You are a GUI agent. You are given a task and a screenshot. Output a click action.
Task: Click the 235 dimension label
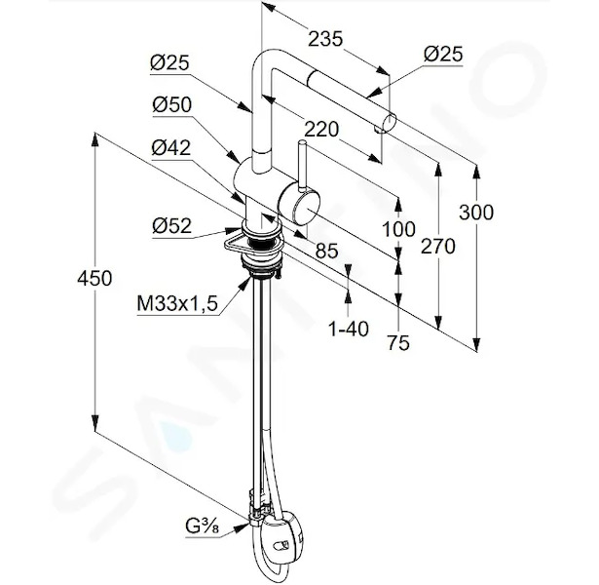pos(325,39)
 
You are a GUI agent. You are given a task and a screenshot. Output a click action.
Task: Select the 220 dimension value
pos(320,130)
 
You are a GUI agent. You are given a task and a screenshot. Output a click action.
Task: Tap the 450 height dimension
pos(94,278)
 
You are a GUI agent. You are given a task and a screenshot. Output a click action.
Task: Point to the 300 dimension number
pos(476,213)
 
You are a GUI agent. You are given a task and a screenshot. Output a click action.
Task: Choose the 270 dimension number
pos(437,247)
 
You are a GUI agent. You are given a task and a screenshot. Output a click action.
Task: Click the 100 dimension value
pos(398,229)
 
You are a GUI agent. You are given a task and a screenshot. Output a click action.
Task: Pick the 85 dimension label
pos(326,252)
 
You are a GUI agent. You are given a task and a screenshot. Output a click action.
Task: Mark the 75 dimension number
pos(398,342)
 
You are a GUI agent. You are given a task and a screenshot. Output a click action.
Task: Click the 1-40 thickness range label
pos(349,329)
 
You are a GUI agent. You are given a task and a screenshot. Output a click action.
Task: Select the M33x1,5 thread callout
pos(177,304)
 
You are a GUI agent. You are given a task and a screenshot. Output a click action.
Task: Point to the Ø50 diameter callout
pos(171,104)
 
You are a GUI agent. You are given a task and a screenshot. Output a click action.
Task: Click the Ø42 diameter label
pos(170,147)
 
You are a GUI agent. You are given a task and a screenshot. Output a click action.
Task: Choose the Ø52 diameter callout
pos(171,226)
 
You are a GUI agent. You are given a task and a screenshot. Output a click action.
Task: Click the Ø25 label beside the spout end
pos(443,55)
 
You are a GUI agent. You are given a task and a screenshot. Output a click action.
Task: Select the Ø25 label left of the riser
pos(169,62)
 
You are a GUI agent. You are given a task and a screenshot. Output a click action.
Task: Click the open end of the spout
pos(392,122)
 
